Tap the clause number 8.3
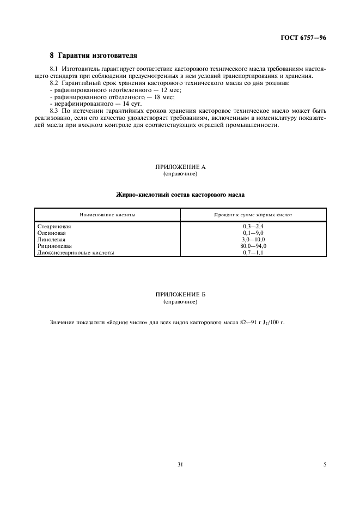[x=53, y=111]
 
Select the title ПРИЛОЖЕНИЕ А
[x=180, y=167]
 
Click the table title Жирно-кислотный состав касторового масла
[x=180, y=195]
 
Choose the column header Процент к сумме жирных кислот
[x=253, y=215]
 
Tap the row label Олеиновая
[x=50, y=233]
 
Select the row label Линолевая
[x=51, y=239]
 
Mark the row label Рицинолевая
[x=52, y=246]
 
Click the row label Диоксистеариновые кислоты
[x=75, y=253]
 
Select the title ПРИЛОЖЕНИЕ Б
[x=180, y=295]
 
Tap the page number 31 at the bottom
[x=180, y=465]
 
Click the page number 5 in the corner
[x=325, y=465]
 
